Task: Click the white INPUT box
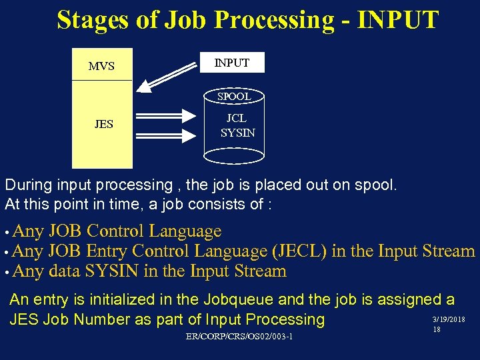pos(232,63)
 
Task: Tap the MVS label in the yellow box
pos(101,66)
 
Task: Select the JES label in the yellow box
pos(103,124)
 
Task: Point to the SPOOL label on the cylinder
pos(234,97)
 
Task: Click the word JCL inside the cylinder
pos(237,118)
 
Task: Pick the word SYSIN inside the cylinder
pos(237,133)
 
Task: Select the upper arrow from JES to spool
pos(167,117)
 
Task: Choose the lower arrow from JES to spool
pos(167,135)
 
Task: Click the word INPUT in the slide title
pos(398,20)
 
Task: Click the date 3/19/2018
pos(449,320)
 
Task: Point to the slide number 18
pos(437,330)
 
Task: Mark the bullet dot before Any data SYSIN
pos(7,273)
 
